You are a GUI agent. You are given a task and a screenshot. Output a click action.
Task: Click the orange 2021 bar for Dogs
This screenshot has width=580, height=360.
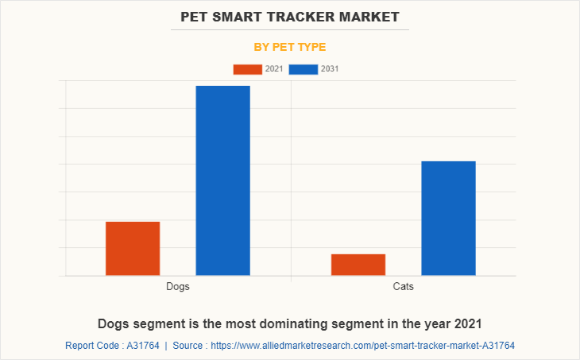pyautogui.click(x=133, y=248)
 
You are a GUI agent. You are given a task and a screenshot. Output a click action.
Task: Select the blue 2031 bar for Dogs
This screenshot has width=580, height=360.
pyautogui.click(x=223, y=180)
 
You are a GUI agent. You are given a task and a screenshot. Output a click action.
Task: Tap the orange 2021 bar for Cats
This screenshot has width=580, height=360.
pyautogui.click(x=358, y=265)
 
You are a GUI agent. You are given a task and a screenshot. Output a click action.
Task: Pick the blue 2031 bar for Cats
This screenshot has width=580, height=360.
pyautogui.click(x=449, y=218)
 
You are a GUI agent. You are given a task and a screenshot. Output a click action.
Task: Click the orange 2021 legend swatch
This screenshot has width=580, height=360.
pyautogui.click(x=247, y=69)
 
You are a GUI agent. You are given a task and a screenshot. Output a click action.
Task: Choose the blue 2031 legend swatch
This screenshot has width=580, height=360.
pyautogui.click(x=304, y=69)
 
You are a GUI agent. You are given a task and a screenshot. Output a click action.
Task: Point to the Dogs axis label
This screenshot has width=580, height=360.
pyautogui.click(x=178, y=286)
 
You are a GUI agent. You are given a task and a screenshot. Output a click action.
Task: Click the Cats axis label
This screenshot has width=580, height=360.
pyautogui.click(x=404, y=286)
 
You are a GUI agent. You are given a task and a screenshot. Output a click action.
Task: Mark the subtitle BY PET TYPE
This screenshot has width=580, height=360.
pyautogui.click(x=290, y=47)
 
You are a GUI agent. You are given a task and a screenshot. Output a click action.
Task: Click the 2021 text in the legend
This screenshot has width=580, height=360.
pyautogui.click(x=274, y=69)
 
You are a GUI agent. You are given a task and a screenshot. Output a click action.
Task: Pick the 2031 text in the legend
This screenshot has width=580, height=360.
pyautogui.click(x=330, y=69)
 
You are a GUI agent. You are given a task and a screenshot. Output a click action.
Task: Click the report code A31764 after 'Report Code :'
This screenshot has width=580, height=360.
pyautogui.click(x=142, y=346)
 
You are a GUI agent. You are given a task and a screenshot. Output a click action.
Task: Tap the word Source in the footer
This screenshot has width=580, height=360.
pyautogui.click(x=188, y=346)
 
